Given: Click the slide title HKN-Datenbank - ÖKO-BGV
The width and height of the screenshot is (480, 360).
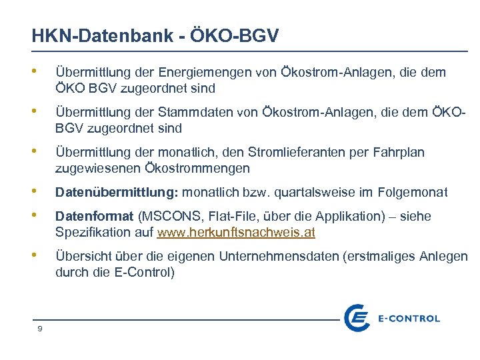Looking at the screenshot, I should click(155, 36).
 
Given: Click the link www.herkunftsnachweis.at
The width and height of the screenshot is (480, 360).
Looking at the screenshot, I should click(236, 233).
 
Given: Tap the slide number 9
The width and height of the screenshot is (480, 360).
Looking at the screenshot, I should click(41, 328).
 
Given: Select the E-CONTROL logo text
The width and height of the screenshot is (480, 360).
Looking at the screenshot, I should click(409, 319).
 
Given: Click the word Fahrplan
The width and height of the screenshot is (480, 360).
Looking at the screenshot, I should click(398, 153).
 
